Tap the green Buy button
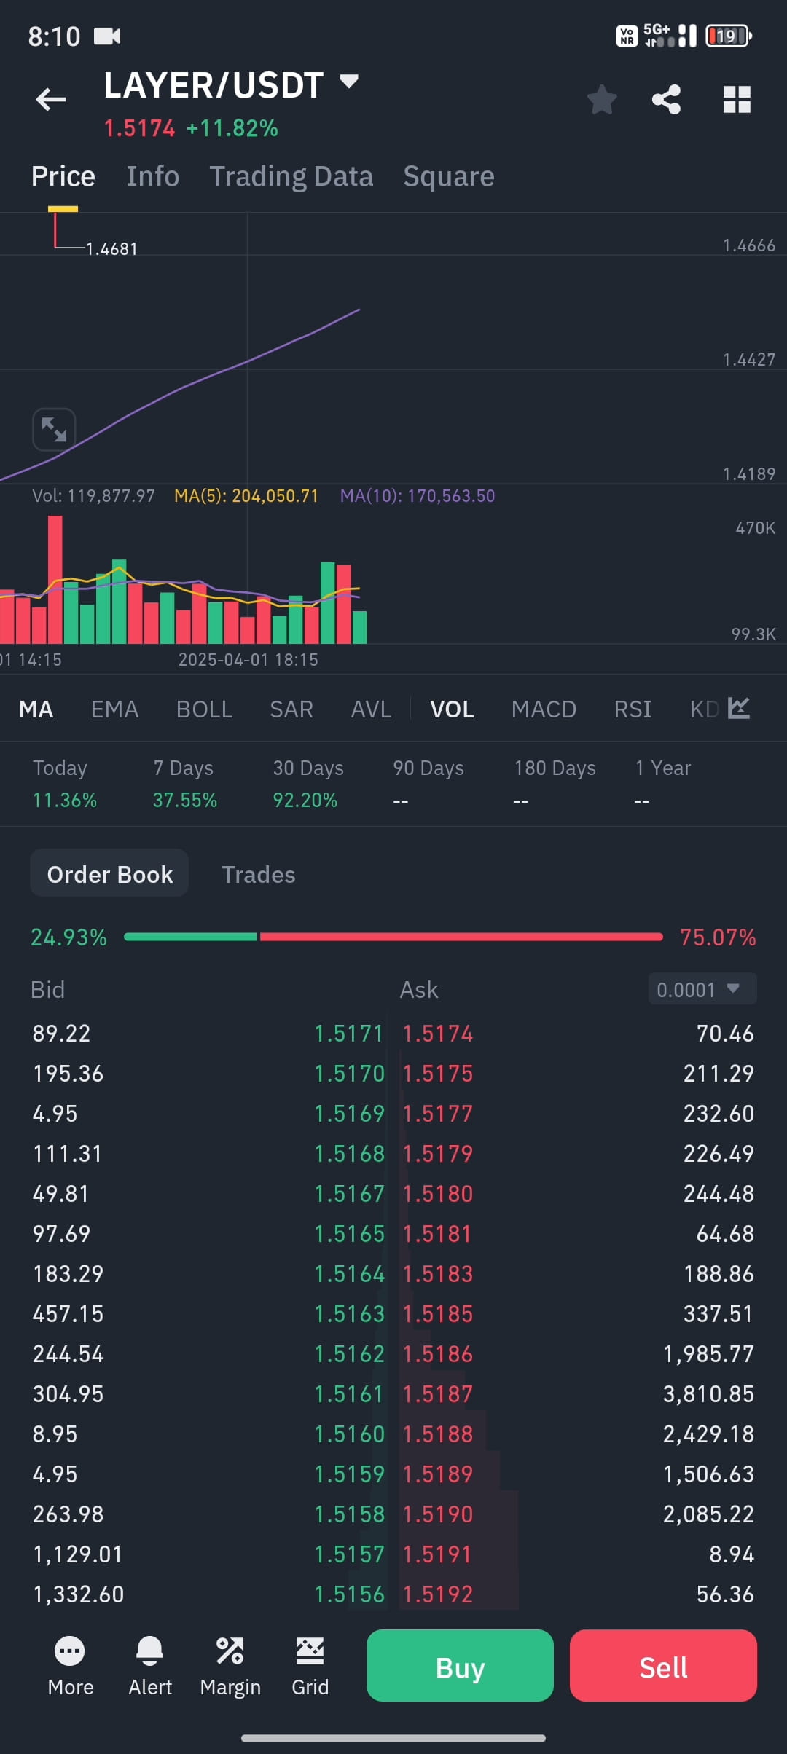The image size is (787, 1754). click(460, 1667)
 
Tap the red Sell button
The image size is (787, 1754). click(663, 1667)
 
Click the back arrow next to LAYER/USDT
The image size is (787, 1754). click(51, 99)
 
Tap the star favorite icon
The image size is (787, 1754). click(602, 100)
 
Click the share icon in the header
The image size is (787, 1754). click(666, 100)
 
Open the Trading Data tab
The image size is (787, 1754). click(291, 176)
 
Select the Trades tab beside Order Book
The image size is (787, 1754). click(258, 874)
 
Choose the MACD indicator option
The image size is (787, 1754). click(544, 709)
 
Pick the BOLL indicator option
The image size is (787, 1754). click(204, 709)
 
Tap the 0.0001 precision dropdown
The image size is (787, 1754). click(702, 989)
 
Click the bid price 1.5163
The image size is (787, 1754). click(349, 1313)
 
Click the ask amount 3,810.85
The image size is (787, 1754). click(708, 1393)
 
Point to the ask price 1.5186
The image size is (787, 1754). click(438, 1353)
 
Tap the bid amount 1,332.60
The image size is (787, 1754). click(79, 1594)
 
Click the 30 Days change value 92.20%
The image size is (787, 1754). click(305, 800)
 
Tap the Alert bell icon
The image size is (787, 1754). click(150, 1652)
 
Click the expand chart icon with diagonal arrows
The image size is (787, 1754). click(54, 429)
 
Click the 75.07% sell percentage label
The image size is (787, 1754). click(717, 937)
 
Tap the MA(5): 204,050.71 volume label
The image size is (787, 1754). click(246, 496)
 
